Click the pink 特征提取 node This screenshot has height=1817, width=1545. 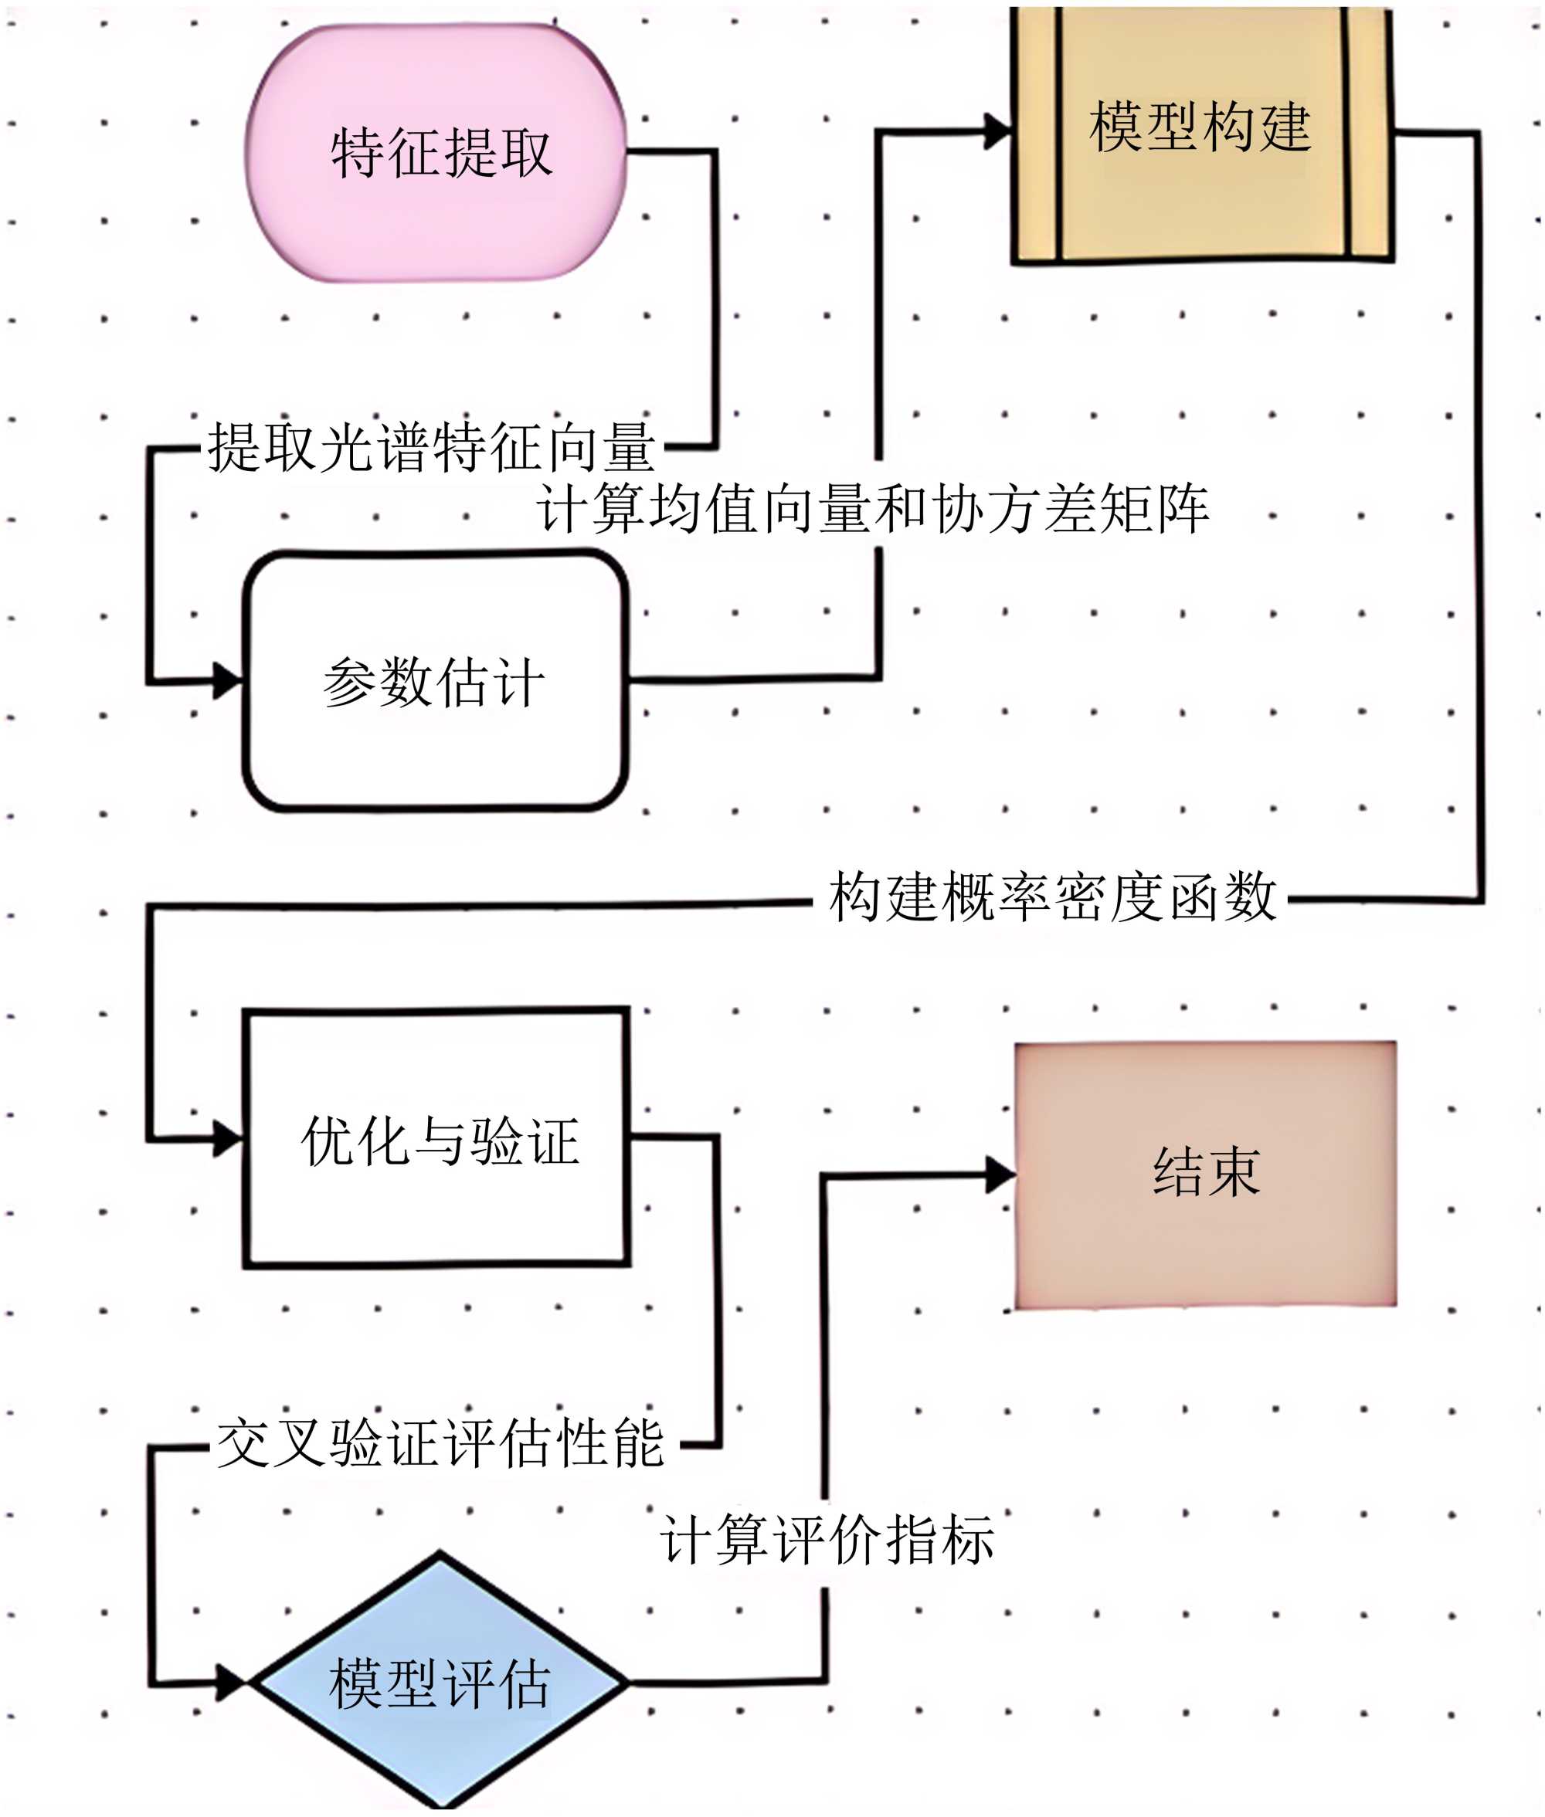click(x=435, y=153)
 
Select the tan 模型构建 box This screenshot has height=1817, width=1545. click(x=1200, y=131)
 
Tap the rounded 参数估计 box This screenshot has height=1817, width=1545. click(x=435, y=680)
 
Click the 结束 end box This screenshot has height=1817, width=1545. click(x=1205, y=1175)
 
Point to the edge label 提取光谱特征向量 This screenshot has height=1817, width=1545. click(x=431, y=447)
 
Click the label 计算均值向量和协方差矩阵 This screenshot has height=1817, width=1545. click(x=872, y=509)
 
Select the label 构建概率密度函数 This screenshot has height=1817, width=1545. click(x=1052, y=897)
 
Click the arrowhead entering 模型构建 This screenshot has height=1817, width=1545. click(x=999, y=131)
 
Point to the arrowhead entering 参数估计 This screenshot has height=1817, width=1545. click(x=229, y=680)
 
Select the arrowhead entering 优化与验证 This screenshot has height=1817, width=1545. click(x=229, y=1139)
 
